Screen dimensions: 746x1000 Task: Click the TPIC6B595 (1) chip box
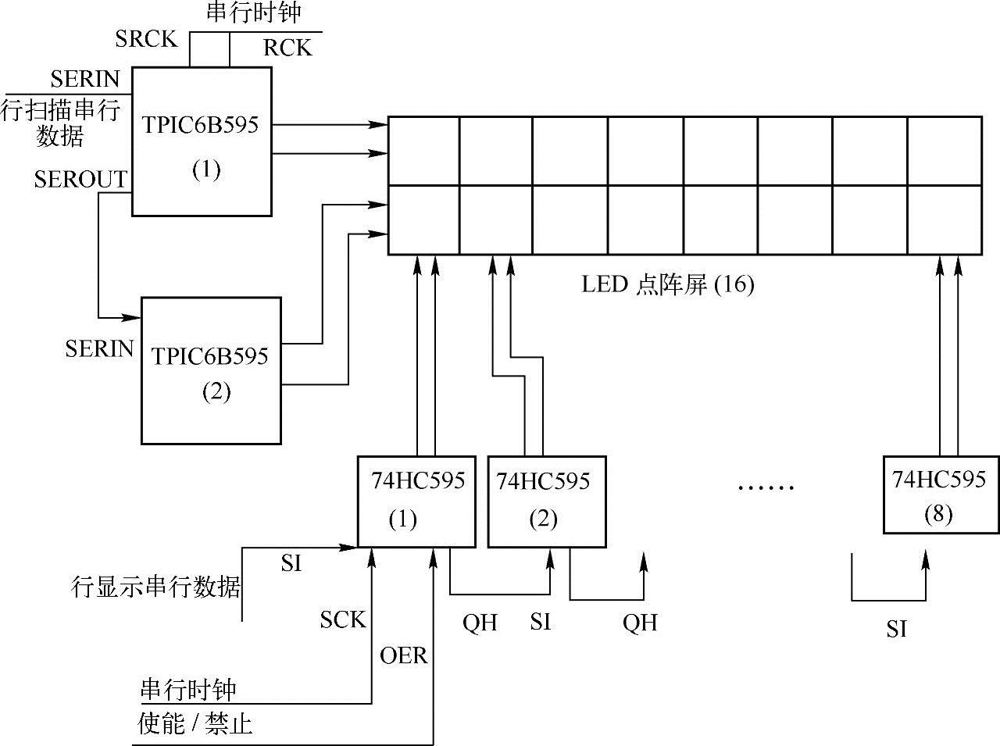point(202,141)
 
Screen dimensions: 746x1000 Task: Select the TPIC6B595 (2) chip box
point(211,370)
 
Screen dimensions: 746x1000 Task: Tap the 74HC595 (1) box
point(416,501)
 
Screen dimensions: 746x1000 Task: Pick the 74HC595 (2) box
point(547,501)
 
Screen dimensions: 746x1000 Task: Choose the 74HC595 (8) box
point(941,494)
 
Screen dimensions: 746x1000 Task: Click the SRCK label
point(146,40)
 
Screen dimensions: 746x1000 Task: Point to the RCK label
point(287,48)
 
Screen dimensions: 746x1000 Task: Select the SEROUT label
point(80,180)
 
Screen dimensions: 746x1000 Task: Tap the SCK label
point(342,619)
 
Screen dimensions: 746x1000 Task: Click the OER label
point(404,655)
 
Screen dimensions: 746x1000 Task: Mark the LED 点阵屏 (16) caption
point(668,285)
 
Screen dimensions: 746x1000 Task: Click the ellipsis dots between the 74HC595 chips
point(766,487)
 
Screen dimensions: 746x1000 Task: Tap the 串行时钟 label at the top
point(254,12)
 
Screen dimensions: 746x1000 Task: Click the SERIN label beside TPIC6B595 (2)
point(99,348)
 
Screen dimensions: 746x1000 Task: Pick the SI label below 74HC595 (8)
point(896,629)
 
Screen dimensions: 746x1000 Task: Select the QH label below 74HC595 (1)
point(480,623)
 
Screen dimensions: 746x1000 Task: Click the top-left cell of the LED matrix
point(423,151)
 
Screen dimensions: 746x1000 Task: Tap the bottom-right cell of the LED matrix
point(944,220)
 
